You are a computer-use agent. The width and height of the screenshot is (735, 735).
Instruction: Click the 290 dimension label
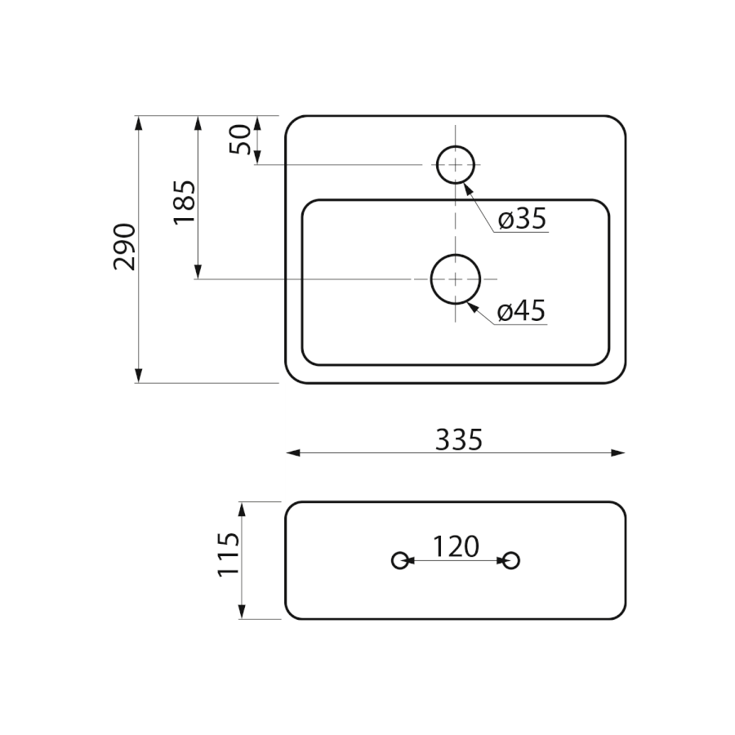tap(125, 247)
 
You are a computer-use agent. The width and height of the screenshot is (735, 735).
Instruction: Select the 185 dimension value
tap(185, 203)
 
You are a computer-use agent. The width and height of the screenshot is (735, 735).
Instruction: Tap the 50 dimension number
tap(240, 139)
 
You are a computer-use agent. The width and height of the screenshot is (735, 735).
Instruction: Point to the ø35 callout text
tap(523, 219)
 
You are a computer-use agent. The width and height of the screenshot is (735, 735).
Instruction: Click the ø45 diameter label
tap(522, 311)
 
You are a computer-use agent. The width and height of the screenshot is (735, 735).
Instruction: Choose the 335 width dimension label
tap(459, 439)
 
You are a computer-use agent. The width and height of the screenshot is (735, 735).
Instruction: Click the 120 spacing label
tap(456, 546)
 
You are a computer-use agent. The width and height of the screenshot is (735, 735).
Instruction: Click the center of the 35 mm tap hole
tap(456, 164)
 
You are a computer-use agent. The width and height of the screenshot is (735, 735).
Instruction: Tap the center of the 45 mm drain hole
tap(456, 279)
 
